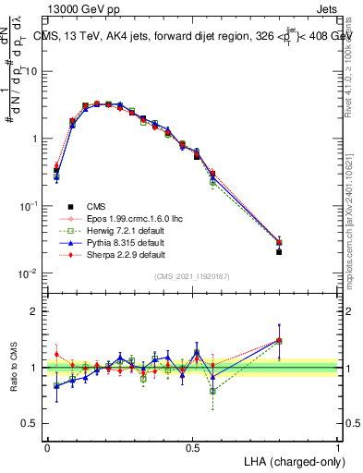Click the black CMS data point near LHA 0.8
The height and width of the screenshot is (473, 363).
pos(279,251)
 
